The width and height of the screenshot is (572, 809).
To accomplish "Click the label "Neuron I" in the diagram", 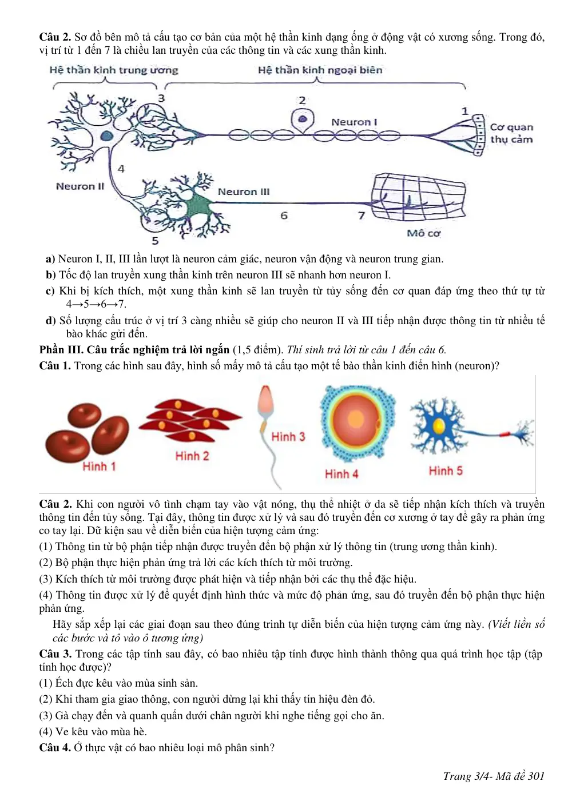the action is [354, 122].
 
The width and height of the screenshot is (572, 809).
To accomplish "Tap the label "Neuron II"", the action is [80, 186].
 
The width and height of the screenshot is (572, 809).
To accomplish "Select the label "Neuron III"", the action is [244, 192].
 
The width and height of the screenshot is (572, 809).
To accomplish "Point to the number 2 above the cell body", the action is [302, 100].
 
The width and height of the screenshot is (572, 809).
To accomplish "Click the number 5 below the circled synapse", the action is [155, 241].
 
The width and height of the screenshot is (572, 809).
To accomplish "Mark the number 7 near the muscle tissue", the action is [362, 216].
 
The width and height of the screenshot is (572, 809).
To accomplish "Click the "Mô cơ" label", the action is [423, 233].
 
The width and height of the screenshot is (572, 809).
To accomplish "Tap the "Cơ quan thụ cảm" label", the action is [511, 133].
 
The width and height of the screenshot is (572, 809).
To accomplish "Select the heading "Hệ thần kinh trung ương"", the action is [114, 70].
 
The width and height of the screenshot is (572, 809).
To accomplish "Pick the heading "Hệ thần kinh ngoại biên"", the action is [320, 70].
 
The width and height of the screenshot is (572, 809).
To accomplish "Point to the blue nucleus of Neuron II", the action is [106, 136].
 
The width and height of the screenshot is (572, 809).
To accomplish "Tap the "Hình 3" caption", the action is [288, 437].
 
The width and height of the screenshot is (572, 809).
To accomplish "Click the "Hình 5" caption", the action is [446, 471].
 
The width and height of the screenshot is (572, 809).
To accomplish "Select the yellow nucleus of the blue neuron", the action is [438, 427].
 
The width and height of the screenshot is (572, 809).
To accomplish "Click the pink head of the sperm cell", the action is [265, 398].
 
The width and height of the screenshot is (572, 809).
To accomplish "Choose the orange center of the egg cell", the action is [356, 420].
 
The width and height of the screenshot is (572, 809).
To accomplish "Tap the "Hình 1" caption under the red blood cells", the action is [98, 467].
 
